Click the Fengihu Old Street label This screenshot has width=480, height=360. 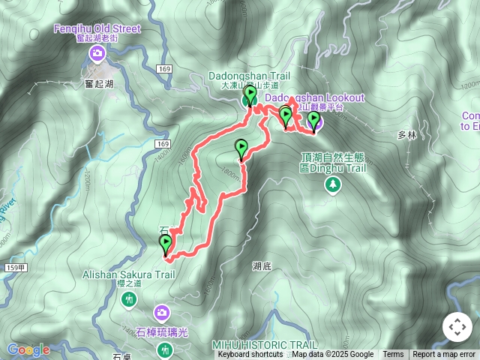[97, 29]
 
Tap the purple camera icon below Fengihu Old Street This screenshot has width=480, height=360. [97, 54]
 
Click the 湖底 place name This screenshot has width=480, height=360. [262, 265]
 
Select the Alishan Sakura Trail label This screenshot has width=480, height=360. [128, 274]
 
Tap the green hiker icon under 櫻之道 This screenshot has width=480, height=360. [129, 300]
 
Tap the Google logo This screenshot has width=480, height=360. [28, 349]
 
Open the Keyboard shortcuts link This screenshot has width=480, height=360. [250, 355]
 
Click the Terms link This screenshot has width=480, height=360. [393, 355]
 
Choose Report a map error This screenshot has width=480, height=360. [445, 355]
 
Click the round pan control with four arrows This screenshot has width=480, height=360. [457, 327]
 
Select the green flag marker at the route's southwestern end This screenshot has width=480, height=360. [165, 244]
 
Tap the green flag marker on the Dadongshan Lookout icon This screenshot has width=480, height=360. [313, 121]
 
